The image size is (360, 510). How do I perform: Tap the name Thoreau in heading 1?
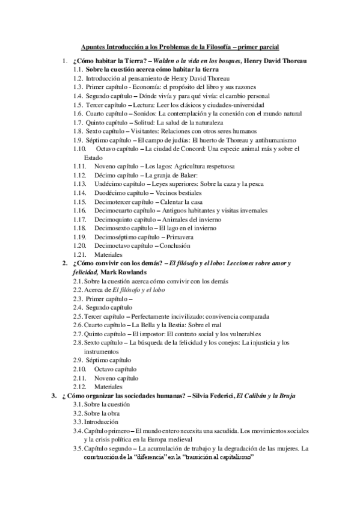[291, 61]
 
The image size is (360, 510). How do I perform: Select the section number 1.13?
[80, 183]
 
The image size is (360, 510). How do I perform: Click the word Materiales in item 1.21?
[109, 254]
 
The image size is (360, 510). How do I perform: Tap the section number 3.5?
[78, 449]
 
